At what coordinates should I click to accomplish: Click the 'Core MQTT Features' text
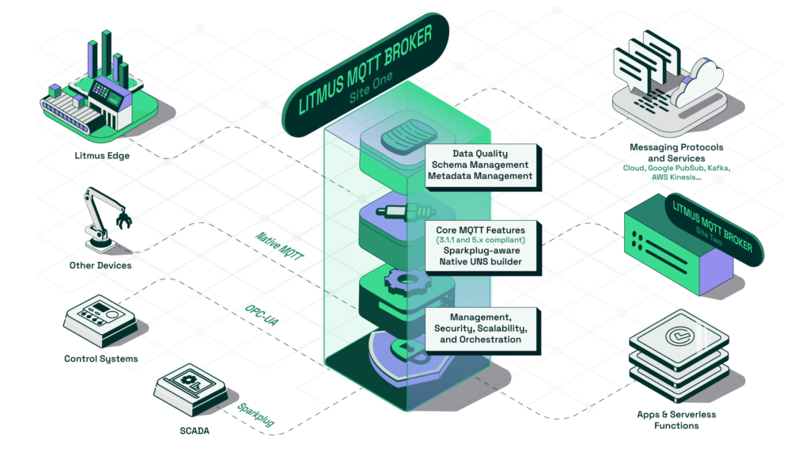pos(481,230)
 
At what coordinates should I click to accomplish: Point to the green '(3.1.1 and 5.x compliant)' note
pos(481,240)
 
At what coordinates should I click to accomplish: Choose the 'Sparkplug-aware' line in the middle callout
pos(481,250)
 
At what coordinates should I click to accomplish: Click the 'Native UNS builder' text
pos(481,261)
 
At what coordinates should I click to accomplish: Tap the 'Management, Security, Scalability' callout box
pos(481,328)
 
